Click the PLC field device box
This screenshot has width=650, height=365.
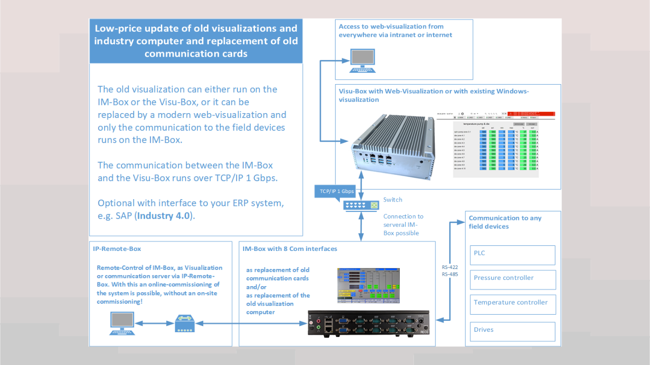click(512, 255)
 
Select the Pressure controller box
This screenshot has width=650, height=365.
click(512, 279)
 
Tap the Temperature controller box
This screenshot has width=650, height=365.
click(512, 304)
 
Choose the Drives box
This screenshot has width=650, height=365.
click(512, 331)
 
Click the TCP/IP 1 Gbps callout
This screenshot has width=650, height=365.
click(337, 191)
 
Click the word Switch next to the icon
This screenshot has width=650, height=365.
click(393, 200)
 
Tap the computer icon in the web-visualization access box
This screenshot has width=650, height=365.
click(363, 61)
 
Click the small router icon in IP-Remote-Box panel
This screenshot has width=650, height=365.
click(183, 323)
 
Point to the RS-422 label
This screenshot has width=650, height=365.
click(450, 267)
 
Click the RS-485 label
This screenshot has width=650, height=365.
click(450, 274)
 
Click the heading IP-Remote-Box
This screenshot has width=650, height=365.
click(117, 249)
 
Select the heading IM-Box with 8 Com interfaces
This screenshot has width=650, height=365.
click(289, 249)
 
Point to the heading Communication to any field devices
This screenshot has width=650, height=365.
click(505, 222)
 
